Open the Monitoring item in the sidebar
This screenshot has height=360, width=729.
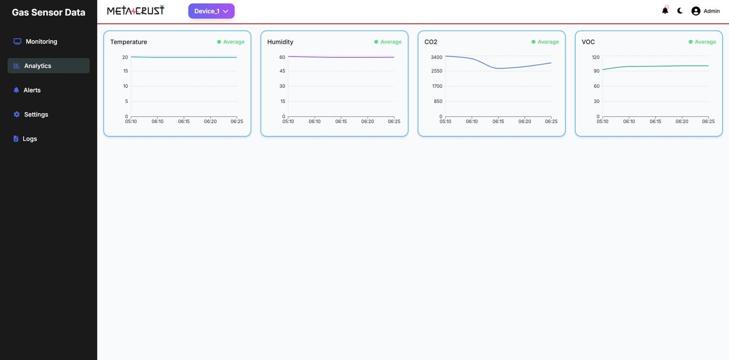click(41, 41)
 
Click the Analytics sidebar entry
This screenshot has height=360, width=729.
click(38, 66)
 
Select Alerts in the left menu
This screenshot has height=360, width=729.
click(32, 90)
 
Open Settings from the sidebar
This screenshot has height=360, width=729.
click(36, 114)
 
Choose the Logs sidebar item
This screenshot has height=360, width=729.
click(30, 139)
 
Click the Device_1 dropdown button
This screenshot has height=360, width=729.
click(211, 11)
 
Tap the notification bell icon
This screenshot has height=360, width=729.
click(665, 11)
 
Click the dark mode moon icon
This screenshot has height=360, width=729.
click(680, 11)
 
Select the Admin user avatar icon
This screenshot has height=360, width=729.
click(696, 11)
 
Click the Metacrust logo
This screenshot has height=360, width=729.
click(135, 10)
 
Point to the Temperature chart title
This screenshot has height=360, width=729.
click(128, 42)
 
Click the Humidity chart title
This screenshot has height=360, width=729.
click(280, 42)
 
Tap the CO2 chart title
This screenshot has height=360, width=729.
click(431, 42)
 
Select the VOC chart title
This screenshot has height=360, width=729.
click(588, 42)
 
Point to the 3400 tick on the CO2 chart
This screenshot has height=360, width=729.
click(436, 57)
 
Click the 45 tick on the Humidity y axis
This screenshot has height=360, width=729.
click(282, 71)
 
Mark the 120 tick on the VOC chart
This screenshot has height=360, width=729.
click(596, 57)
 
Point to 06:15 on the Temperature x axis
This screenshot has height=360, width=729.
click(184, 122)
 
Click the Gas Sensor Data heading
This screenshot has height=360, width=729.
click(48, 12)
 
